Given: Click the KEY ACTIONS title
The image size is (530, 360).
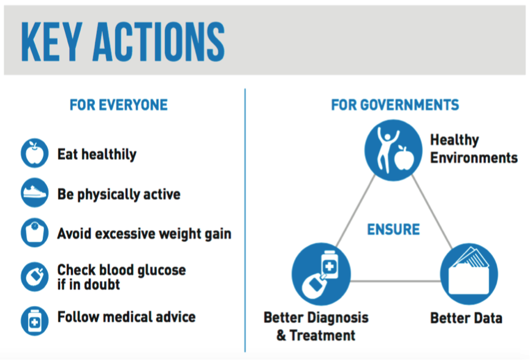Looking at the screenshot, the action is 123,42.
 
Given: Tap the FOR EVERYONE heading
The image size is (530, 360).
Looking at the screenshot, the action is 119,105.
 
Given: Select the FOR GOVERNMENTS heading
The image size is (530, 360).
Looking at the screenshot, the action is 395,105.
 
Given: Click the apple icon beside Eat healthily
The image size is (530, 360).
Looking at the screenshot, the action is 34,153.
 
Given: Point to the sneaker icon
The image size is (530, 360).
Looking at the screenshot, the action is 34,192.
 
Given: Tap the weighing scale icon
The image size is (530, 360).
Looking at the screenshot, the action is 34,232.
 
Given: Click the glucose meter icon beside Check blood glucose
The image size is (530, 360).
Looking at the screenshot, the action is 34,277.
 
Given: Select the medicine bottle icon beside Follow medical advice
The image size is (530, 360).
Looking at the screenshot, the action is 34,321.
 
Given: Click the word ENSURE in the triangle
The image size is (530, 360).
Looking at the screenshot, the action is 393,230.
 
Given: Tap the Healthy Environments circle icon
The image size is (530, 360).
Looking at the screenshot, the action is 393,150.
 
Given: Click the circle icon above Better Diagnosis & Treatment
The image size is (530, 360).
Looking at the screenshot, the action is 321,274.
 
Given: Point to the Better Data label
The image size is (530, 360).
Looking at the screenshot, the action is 466,318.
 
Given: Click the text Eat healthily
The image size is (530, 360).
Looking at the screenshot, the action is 97,154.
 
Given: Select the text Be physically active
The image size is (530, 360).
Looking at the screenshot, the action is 119,194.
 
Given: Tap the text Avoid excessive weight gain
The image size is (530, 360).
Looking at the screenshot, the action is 145,234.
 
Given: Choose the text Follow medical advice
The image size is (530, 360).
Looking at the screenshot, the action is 126,317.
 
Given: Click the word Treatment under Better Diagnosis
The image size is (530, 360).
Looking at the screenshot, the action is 322,336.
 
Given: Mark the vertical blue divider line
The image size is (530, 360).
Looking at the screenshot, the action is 245,220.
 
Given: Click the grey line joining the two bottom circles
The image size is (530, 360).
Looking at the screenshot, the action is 395,280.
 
